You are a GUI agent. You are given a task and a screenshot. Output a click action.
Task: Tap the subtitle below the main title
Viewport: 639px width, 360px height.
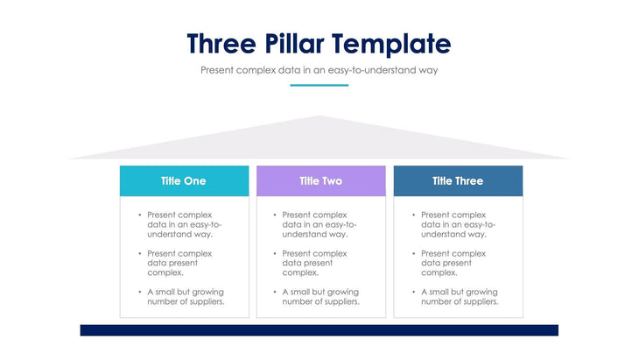point(319,69)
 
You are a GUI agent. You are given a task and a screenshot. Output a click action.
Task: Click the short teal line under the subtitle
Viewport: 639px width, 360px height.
point(319,85)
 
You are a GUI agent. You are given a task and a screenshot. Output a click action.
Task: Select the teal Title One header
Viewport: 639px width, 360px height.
point(184,180)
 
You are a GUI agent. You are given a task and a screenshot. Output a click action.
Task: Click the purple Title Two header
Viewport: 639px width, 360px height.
point(320,180)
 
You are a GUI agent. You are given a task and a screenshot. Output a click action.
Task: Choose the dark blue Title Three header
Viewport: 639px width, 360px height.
point(458,180)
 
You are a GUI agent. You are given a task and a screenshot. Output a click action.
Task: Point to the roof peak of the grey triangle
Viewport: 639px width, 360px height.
point(319,117)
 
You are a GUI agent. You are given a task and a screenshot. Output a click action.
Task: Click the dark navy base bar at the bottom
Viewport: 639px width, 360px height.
point(319,330)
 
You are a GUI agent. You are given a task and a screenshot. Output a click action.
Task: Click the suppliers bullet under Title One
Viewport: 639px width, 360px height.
point(185,297)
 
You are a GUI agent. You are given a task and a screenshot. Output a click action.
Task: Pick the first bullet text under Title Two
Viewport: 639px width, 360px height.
point(319,224)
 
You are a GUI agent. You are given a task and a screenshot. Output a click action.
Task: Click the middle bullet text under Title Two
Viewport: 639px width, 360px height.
point(315,263)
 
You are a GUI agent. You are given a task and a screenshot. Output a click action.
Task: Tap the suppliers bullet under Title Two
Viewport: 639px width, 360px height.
point(320,297)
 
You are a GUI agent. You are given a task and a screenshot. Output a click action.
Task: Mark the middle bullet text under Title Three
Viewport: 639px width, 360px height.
point(453,263)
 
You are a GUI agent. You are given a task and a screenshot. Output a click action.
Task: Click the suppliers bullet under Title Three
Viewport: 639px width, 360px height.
point(460,297)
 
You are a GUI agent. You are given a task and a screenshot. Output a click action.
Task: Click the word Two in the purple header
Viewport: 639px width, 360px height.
point(333,180)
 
